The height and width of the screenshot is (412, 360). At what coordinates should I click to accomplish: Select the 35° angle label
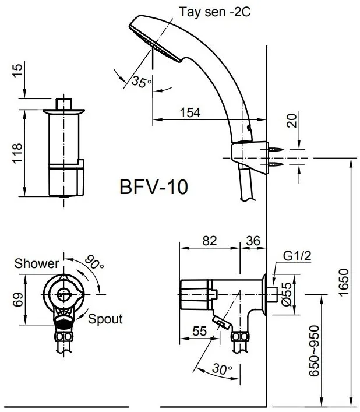[x=140, y=82]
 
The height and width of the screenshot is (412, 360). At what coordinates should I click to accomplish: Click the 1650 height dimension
[x=343, y=282]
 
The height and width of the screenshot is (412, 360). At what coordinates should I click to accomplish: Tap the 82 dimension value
[x=209, y=240]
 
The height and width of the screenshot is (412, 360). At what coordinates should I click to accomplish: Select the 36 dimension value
[x=253, y=240]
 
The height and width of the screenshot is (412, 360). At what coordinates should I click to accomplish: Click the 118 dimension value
[x=17, y=154]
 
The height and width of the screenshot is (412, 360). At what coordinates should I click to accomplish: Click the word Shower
[x=37, y=264]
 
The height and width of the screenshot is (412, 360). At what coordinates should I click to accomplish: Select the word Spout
[x=106, y=319]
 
